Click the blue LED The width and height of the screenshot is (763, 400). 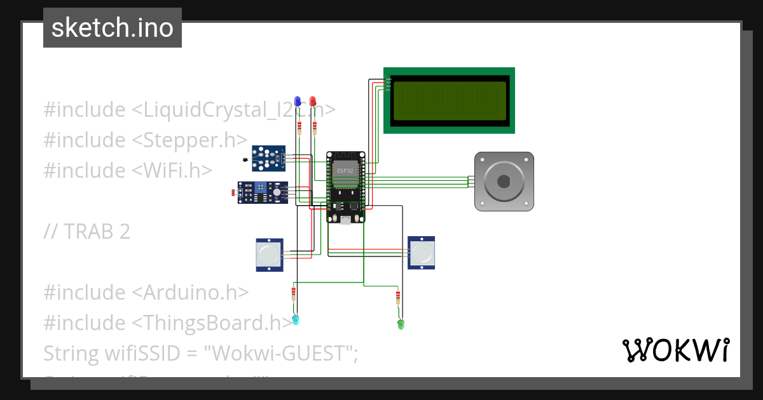coord(297,102)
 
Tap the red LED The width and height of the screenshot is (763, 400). coord(313,102)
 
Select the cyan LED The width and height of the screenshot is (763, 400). coord(295,319)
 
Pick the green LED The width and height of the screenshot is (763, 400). coord(401,324)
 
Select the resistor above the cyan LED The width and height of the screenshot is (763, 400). coord(293,293)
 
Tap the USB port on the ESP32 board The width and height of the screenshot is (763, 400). coord(345,220)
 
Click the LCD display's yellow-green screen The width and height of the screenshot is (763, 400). coord(449,100)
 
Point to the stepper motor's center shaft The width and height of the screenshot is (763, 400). coord(504,182)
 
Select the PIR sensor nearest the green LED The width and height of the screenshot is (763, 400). coord(422,253)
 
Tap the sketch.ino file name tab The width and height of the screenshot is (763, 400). coord(113,28)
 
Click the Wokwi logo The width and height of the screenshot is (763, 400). coord(675,350)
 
